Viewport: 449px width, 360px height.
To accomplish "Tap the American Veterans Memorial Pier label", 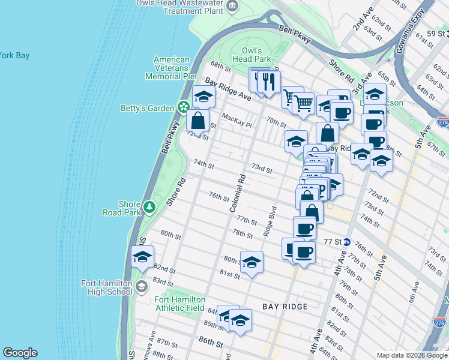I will pos(171,68).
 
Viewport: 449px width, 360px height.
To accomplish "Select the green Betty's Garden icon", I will pos(184,108).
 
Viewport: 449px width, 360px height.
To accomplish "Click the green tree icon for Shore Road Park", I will pos(149,208).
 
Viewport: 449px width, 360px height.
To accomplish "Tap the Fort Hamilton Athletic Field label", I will pos(180,304).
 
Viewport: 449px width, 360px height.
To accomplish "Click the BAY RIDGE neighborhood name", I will pos(285,307).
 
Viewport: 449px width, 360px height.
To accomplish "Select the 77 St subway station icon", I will pos(347,242).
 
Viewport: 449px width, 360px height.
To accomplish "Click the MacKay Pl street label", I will pos(235,117).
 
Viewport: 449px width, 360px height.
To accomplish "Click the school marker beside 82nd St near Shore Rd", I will pos(143,258).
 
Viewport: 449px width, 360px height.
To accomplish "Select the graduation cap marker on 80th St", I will pos(252,263).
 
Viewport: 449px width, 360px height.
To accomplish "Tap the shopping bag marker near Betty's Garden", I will pos(197,121).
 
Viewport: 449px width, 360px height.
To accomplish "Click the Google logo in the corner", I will pos(20,353).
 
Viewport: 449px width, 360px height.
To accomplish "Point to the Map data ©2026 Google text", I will pos(411,355).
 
